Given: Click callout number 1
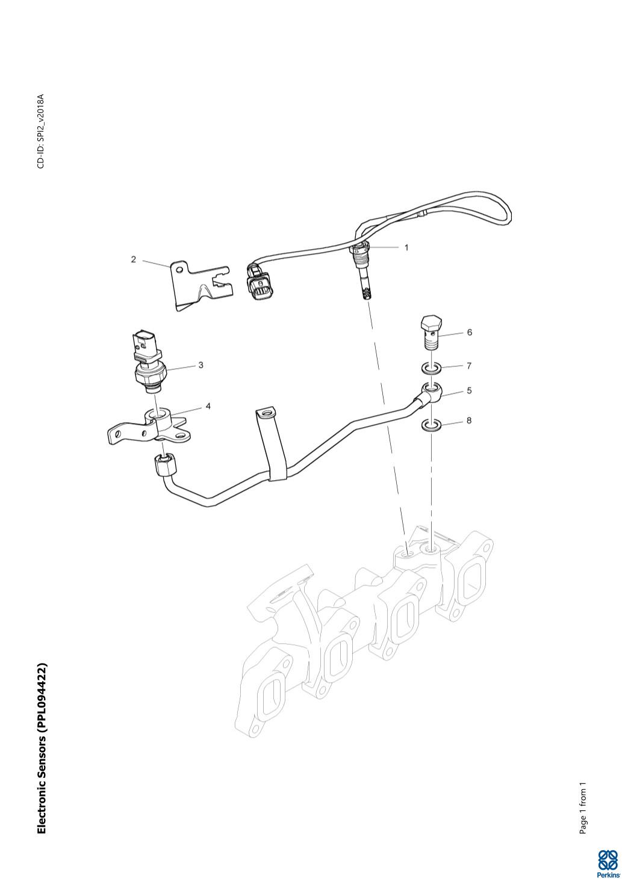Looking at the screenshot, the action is click(x=406, y=248).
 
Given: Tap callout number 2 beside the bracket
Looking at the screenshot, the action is click(x=134, y=259).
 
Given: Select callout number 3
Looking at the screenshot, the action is click(x=201, y=365).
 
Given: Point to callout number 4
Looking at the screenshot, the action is click(x=208, y=406).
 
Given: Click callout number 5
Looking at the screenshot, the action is click(x=469, y=391).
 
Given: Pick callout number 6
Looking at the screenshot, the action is click(x=469, y=332).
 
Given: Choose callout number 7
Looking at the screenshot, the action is click(x=469, y=366).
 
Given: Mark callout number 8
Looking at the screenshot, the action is click(x=469, y=421).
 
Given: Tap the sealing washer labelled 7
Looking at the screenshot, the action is click(x=431, y=368).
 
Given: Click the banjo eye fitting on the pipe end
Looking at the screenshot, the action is click(x=432, y=393).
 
